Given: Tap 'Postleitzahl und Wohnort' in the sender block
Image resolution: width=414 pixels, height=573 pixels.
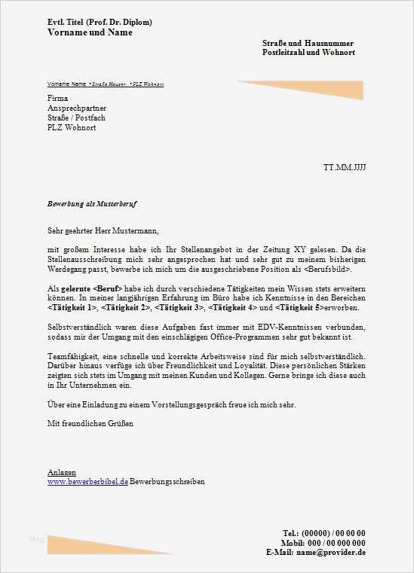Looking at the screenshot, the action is pyautogui.click(x=308, y=53).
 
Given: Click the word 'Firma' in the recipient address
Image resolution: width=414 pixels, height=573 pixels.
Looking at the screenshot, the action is pyautogui.click(x=57, y=99).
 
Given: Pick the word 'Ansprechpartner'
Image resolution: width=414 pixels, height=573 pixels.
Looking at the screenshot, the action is pyautogui.click(x=77, y=108).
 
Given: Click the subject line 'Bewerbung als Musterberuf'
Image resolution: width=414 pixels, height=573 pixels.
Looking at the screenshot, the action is pyautogui.click(x=91, y=204).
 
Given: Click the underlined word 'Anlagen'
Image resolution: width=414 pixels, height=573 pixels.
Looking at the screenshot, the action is pyautogui.click(x=61, y=472).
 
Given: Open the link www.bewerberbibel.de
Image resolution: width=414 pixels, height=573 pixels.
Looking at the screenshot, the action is pyautogui.click(x=87, y=481).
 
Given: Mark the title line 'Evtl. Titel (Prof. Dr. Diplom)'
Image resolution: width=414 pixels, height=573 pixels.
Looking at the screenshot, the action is pyautogui.click(x=99, y=23).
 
